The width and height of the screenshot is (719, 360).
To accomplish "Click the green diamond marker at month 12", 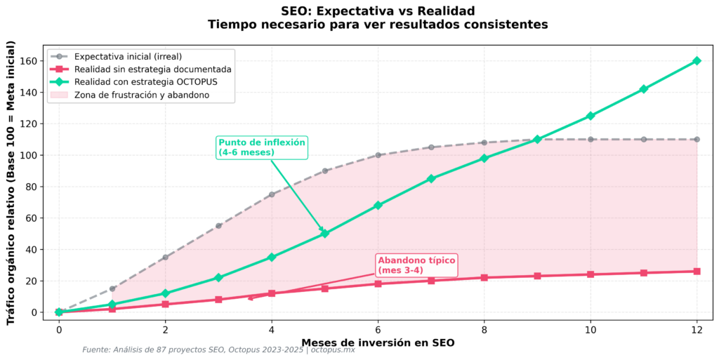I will (x=697, y=61).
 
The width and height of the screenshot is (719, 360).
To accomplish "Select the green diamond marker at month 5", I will (x=324, y=234).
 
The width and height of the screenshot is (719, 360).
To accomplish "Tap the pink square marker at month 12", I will (x=697, y=271).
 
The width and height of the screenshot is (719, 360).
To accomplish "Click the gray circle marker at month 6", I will (x=378, y=155).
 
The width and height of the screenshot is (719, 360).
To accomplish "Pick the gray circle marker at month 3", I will (x=218, y=226).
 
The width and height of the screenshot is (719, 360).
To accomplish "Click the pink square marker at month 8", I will (x=484, y=277).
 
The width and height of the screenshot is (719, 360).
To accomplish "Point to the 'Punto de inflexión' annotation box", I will (x=261, y=147).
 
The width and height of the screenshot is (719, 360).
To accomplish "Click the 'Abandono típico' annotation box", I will (x=416, y=265).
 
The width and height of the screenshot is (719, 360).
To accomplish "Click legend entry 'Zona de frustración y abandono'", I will (x=141, y=95).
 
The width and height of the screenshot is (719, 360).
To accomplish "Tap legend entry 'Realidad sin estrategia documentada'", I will (x=152, y=69).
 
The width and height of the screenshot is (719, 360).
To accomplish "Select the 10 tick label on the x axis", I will (x=590, y=329).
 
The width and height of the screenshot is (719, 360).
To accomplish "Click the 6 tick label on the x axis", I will (x=378, y=329).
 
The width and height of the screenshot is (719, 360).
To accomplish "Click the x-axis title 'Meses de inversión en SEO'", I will (x=378, y=342).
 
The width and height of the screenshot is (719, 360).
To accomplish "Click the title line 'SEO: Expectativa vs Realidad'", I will (x=378, y=11).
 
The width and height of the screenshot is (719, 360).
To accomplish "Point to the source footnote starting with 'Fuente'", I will (x=218, y=350).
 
